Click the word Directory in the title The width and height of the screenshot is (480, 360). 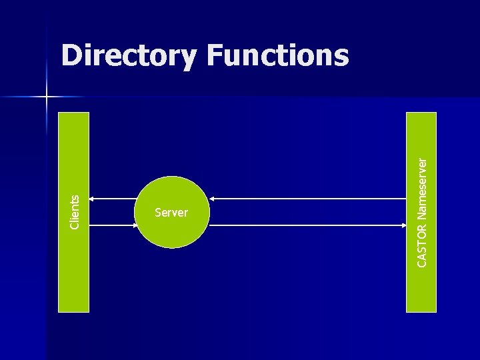click(x=128, y=56)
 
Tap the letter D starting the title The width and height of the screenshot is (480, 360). click(x=71, y=56)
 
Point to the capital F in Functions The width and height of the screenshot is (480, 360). click(x=215, y=56)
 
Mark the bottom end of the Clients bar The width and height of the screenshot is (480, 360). click(x=73, y=309)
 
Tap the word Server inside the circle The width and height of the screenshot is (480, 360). click(x=171, y=213)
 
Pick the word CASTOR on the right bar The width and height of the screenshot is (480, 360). click(x=421, y=244)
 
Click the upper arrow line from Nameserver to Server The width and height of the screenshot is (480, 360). click(x=307, y=199)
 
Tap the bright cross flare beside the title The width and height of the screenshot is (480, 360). click(x=47, y=97)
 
